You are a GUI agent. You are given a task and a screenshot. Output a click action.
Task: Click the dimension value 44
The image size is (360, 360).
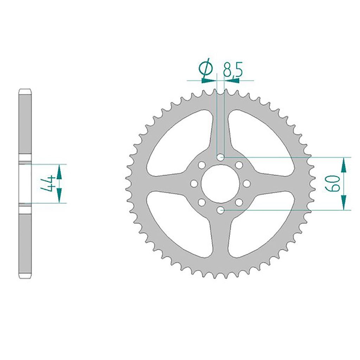pyautogui.click(x=47, y=184)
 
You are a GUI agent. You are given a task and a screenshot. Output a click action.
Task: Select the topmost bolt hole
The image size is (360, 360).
pyautogui.click(x=220, y=157)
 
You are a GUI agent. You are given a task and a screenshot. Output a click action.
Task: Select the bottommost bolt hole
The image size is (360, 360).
pyautogui.click(x=220, y=210)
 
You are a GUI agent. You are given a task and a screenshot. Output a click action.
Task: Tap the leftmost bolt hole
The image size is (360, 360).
pyautogui.click(x=194, y=184)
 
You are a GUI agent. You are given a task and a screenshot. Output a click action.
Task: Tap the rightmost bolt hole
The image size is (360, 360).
pyautogui.click(x=247, y=184)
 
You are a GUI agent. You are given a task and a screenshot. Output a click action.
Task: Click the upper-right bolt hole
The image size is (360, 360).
pyautogui.click(x=239, y=165)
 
